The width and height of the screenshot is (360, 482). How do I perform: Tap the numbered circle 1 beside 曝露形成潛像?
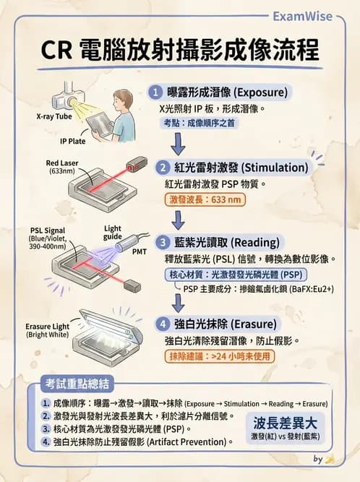[x=155, y=92]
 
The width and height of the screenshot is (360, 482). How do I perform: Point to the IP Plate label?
[x=73, y=141]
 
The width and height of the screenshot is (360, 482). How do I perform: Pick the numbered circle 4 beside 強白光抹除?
[x=155, y=324]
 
